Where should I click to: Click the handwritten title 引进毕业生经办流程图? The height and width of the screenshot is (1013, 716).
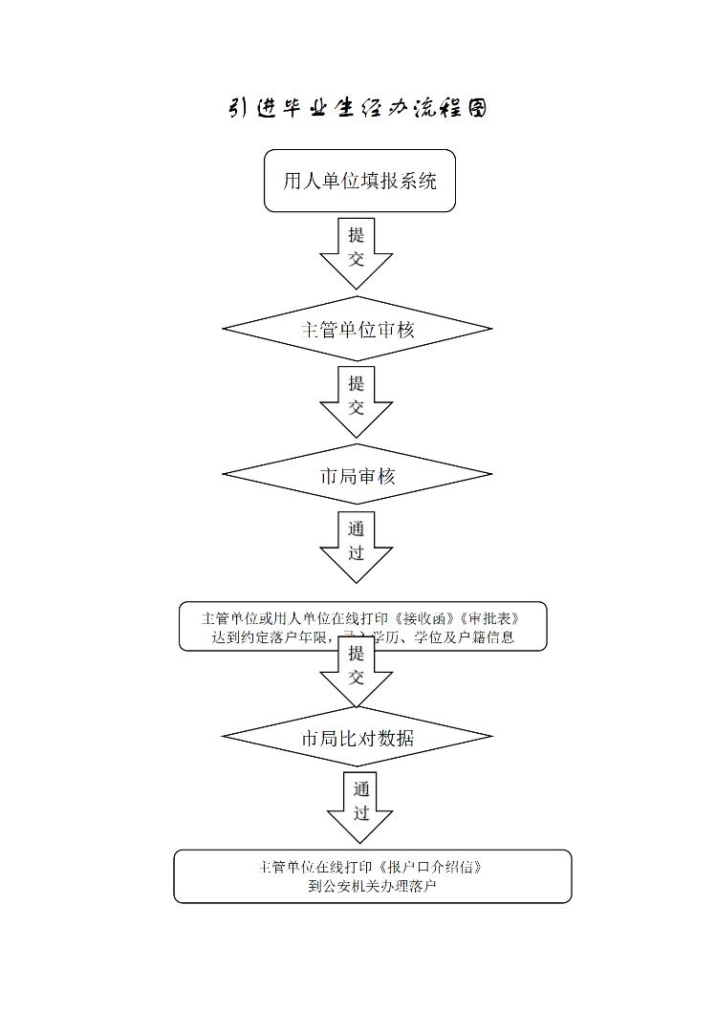coord(358,107)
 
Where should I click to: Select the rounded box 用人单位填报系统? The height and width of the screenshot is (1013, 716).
coord(359,181)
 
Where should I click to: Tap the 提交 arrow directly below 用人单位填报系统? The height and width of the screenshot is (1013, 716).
coord(356,250)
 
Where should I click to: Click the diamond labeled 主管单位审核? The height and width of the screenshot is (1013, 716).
coord(358,330)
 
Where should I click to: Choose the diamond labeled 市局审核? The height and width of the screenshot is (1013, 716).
coord(358,475)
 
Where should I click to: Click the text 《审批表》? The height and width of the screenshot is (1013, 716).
coord(501,617)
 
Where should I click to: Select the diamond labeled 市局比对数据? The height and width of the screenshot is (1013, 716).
coord(358,738)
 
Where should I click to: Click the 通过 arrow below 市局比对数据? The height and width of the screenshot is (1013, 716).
coord(360,806)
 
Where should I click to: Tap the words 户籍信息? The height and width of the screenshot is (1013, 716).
coord(486,637)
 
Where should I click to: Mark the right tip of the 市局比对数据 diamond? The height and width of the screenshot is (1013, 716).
coord(491,737)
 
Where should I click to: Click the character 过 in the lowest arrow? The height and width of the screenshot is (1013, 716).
coord(361,813)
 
